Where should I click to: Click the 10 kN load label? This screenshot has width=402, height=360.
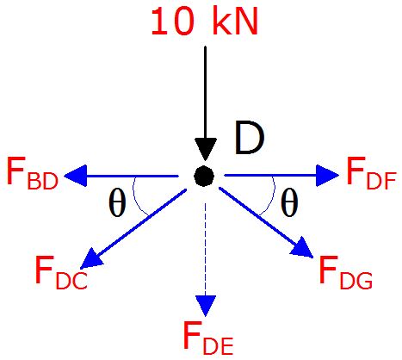tap(204, 22)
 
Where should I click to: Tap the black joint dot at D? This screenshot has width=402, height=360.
tap(204, 176)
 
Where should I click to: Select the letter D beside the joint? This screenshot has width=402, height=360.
tap(249, 138)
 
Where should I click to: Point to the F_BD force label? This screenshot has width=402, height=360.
tap(33, 173)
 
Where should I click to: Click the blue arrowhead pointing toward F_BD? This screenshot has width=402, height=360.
tap(75, 176)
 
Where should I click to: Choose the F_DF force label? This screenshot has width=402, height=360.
tap(371, 173)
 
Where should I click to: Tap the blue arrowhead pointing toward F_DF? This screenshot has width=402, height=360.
tap(327, 176)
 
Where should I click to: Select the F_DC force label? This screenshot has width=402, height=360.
tap(61, 272)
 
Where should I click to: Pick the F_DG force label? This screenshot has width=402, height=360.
tap(345, 272)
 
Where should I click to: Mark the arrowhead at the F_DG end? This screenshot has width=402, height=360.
tap(303, 249)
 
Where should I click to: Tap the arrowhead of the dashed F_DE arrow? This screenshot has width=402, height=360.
tap(206, 306)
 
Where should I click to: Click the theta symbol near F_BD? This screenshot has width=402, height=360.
tap(117, 202)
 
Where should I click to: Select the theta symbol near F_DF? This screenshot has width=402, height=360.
tap(289, 202)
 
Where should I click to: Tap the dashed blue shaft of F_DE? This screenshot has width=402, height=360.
tap(205, 250)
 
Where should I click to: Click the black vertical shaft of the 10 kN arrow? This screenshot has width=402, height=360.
tap(205, 92)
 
